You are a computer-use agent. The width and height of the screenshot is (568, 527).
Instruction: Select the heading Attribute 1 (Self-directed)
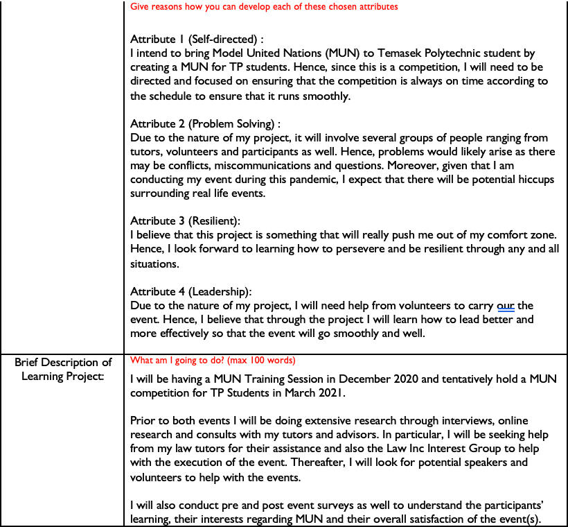(x=198, y=40)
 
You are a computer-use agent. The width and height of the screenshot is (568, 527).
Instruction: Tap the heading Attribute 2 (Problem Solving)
(x=205, y=124)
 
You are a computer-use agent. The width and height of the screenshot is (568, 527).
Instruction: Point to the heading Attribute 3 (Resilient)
(x=186, y=221)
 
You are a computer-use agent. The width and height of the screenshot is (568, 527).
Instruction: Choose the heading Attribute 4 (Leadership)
(x=191, y=292)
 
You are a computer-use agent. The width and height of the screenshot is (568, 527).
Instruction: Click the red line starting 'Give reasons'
(x=264, y=6)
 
